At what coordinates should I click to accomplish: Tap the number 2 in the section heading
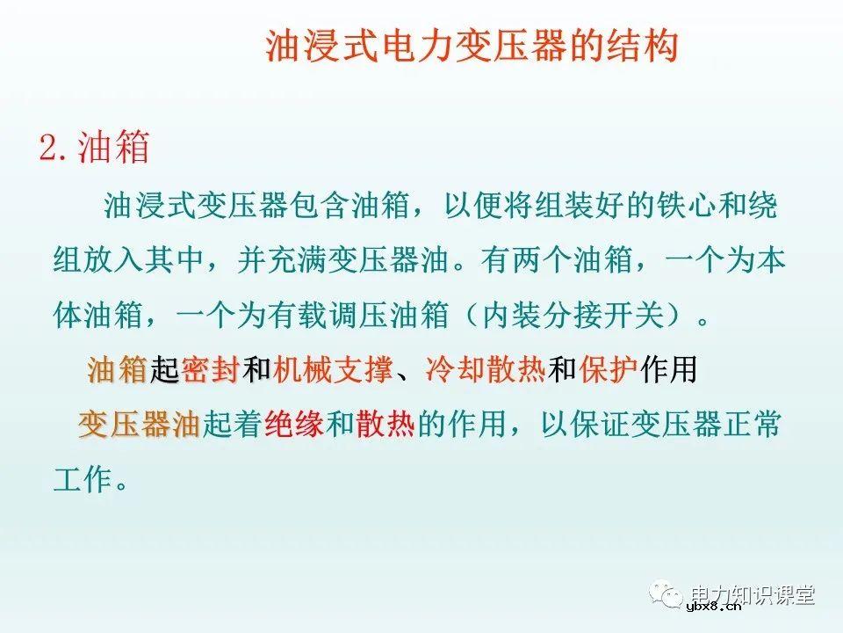pos(48,147)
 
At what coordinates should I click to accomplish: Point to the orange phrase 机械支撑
pos(332,370)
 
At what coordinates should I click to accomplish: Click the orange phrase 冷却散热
pos(486,370)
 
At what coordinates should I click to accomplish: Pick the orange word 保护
pos(608,370)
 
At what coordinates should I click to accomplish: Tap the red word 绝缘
pos(294,426)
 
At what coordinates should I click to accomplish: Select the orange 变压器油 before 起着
pos(140,426)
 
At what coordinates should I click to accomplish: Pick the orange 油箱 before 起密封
pos(117,370)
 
